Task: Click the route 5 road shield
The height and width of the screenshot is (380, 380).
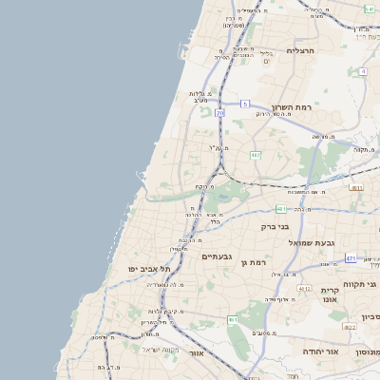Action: pos(244,104)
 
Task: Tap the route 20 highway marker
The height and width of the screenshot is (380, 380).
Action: pos(219,113)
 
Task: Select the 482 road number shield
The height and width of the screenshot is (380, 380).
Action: pos(256,155)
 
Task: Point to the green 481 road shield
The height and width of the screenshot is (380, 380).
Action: pos(281,209)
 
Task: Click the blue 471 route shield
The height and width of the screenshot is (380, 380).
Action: pos(351,258)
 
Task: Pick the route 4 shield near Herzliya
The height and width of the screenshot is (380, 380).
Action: pos(363,71)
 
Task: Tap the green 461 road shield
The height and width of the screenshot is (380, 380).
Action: pos(234,320)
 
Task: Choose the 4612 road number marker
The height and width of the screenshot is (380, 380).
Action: pos(304,288)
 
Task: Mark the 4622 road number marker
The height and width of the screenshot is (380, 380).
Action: pos(350,327)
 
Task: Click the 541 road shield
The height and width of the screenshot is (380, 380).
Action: pos(369,8)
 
